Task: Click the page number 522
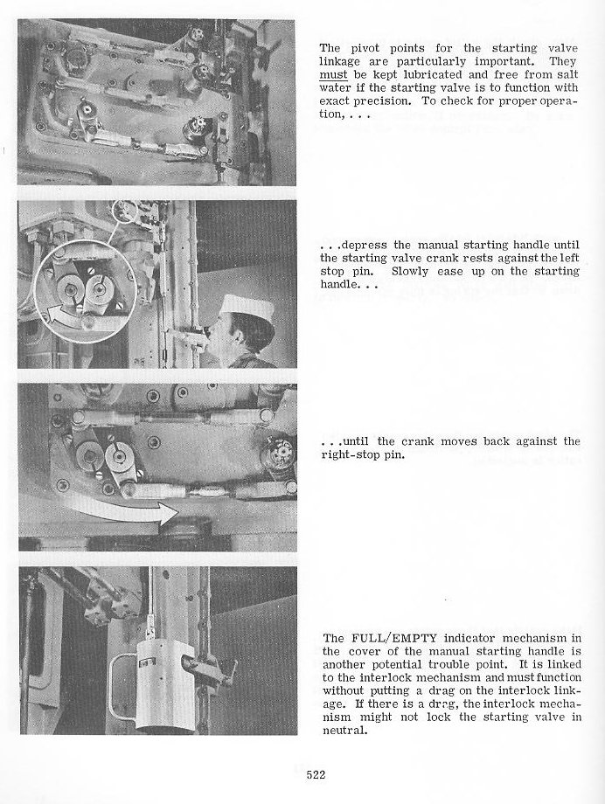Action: [x=316, y=774]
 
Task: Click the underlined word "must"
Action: [x=333, y=75]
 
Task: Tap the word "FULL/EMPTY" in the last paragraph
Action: [x=393, y=638]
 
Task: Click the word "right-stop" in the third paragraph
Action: [x=350, y=455]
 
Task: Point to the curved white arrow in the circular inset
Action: [x=57, y=315]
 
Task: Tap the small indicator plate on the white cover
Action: [x=146, y=665]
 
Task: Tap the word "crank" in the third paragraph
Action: [x=417, y=441]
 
